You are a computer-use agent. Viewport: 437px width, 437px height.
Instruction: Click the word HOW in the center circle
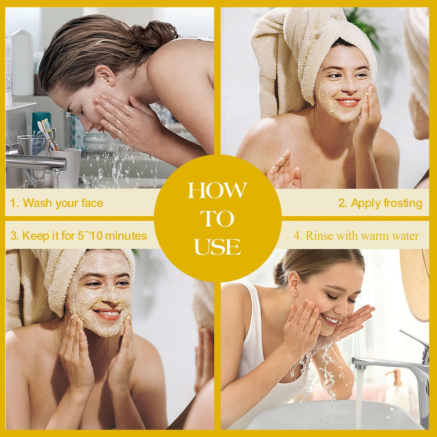coord(217,190)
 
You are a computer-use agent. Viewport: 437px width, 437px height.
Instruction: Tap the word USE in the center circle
coord(217,247)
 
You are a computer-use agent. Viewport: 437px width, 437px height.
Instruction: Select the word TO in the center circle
coord(217,218)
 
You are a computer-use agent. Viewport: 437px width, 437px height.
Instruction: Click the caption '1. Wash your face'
coord(56,203)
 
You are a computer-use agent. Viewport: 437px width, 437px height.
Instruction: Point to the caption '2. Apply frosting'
coord(380,203)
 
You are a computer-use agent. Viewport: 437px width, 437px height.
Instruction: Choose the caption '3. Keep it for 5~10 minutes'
coord(79,236)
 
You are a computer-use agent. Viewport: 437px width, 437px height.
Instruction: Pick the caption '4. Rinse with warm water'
coord(356,236)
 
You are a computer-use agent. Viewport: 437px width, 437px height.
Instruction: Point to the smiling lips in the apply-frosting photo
coord(348,102)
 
